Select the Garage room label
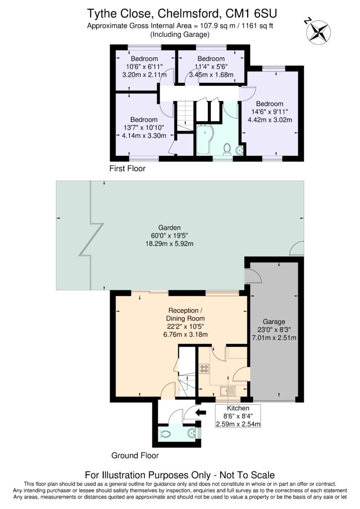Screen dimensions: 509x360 click(274, 322)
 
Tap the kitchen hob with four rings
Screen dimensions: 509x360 click(204, 369)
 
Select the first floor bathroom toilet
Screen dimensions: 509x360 click(227, 149)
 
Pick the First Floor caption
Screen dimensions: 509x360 click(127, 169)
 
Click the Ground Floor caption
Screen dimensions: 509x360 click(135, 455)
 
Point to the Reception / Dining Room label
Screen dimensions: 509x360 click(185, 314)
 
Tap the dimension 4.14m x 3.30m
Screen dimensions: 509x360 click(144, 135)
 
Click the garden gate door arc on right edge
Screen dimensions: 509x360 click(298, 247)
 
